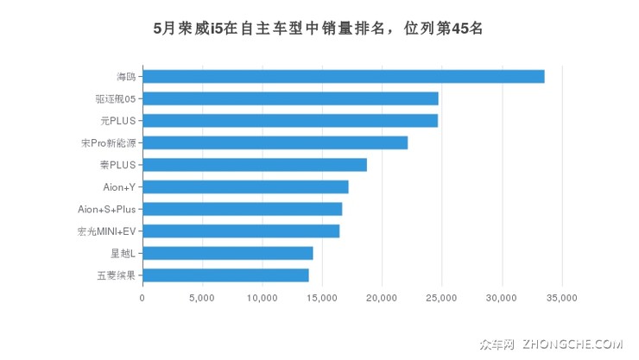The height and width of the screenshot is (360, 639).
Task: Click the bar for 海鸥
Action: [343, 76]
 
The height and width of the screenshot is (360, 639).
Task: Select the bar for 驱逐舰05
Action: [290, 98]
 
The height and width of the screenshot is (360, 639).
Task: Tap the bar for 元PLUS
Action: [290, 120]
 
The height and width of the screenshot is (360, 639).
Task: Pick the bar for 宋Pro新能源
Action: [275, 142]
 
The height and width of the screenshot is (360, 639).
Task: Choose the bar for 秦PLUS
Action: [255, 165]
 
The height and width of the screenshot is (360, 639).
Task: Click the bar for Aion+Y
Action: [245, 186]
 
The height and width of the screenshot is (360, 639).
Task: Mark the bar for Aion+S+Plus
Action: [242, 209]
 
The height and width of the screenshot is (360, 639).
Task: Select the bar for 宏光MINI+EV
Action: [241, 231]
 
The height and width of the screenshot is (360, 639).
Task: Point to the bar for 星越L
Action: [227, 253]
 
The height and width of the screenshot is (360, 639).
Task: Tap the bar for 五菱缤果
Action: [225, 275]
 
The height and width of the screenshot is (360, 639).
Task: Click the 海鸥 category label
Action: [126, 77]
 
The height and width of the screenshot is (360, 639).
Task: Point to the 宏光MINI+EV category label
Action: [107, 231]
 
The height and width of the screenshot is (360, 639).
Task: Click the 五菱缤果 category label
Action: [117, 275]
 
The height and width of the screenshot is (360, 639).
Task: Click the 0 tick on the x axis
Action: [142, 299]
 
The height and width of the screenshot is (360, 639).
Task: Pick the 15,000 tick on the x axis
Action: [322, 299]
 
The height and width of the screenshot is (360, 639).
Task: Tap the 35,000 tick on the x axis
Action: [561, 299]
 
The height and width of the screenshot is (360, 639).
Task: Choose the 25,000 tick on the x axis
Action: [441, 299]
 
